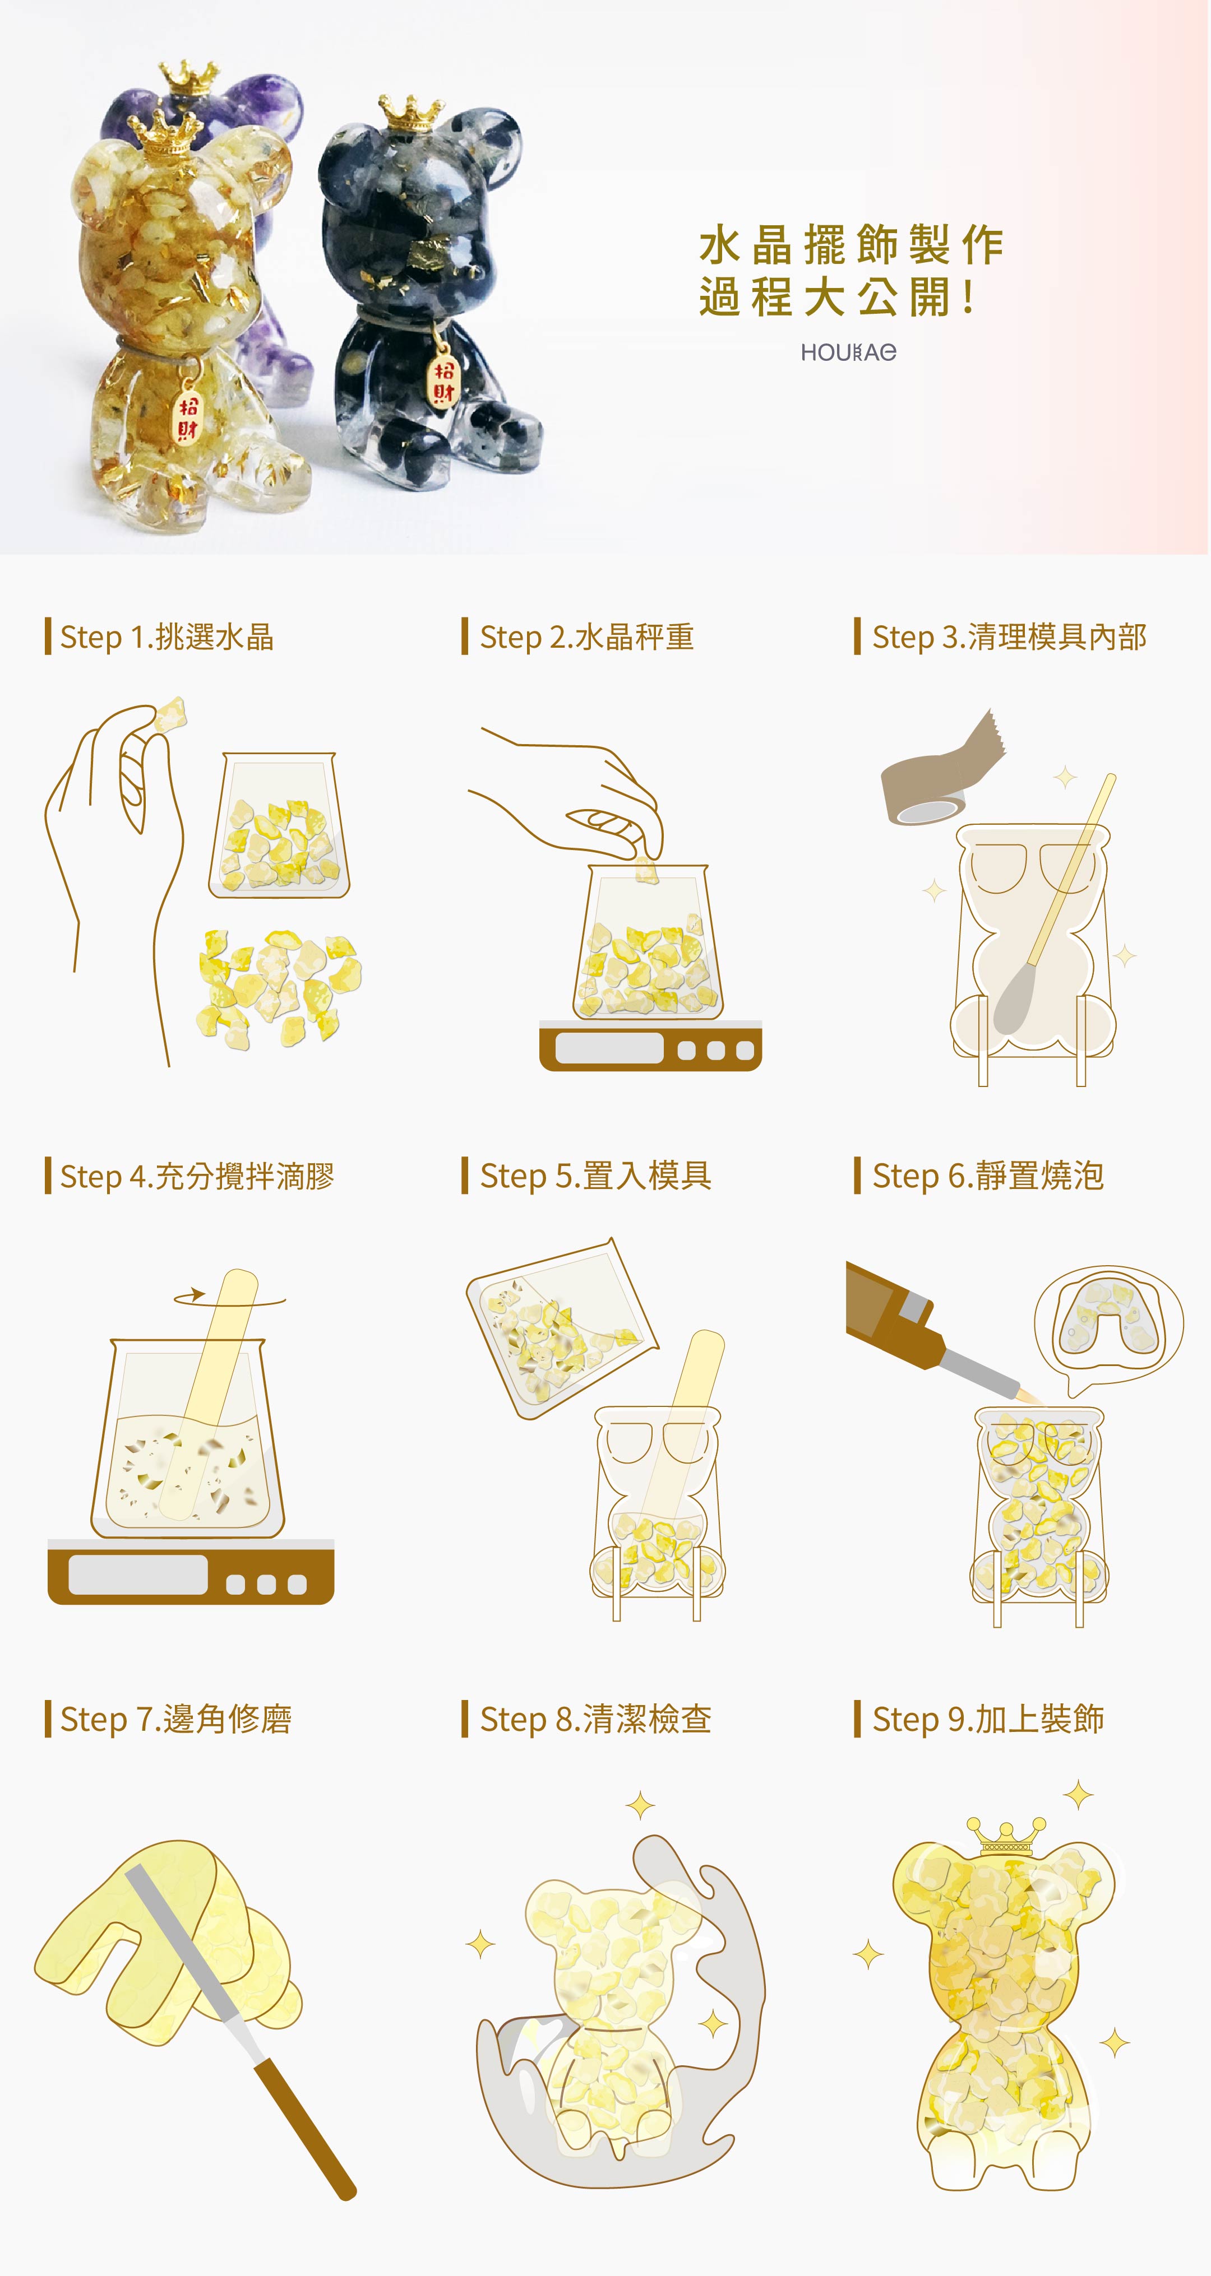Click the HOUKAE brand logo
pos(849,352)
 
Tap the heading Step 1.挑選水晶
pos(167,636)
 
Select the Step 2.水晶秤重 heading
pos(587,636)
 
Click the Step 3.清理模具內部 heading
pos(1010,636)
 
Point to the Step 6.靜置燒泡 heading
pos(988,1175)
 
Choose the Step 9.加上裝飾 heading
pos(988,1718)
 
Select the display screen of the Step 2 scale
pos(609,1048)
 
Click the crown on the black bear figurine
pos(410,112)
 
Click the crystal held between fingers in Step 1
pos(170,715)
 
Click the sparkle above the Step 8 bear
pos(640,1805)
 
